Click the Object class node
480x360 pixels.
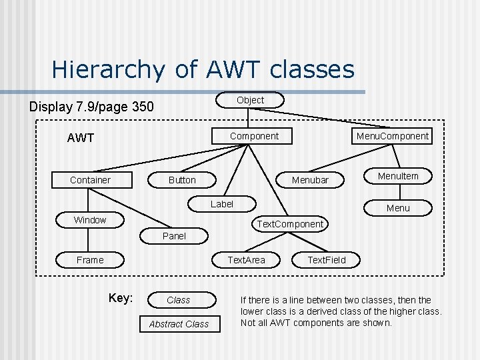tap(251, 100)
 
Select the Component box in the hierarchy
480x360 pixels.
tap(254, 136)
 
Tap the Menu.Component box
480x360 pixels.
tap(393, 136)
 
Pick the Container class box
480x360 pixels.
tap(91, 180)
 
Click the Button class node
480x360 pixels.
tap(182, 180)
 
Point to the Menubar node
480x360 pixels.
tap(310, 180)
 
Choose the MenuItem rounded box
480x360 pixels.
tap(398, 176)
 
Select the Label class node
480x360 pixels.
tap(222, 204)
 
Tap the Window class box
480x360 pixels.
tap(90, 220)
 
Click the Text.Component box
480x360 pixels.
tap(291, 224)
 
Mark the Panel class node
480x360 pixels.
tap(175, 236)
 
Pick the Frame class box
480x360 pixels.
tap(90, 260)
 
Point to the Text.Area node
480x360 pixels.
tap(247, 259)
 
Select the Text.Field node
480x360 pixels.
tap(327, 259)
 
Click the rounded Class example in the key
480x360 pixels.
tap(179, 300)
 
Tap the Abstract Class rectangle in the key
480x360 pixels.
tap(179, 324)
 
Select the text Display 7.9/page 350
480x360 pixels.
tap(91, 107)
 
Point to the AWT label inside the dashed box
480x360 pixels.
tap(81, 139)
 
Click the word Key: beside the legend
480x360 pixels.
tap(121, 298)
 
